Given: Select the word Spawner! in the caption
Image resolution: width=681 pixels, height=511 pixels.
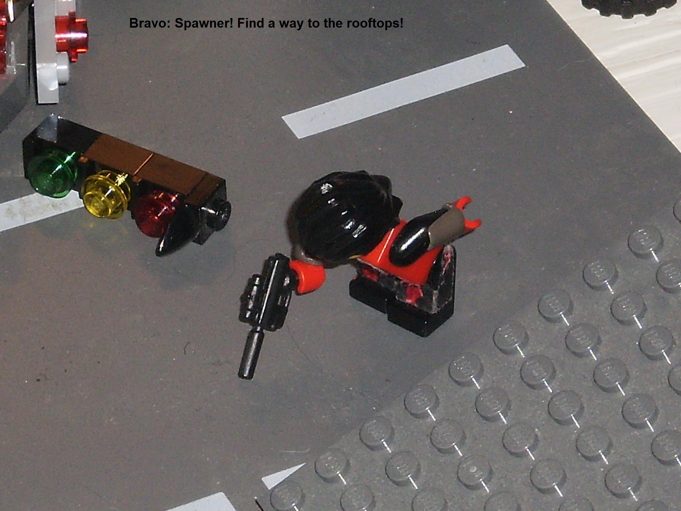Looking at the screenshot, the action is [x=204, y=24].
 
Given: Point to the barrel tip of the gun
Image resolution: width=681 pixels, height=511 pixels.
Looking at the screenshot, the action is [x=246, y=375].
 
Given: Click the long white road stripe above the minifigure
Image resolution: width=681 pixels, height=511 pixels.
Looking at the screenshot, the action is [x=403, y=91].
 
